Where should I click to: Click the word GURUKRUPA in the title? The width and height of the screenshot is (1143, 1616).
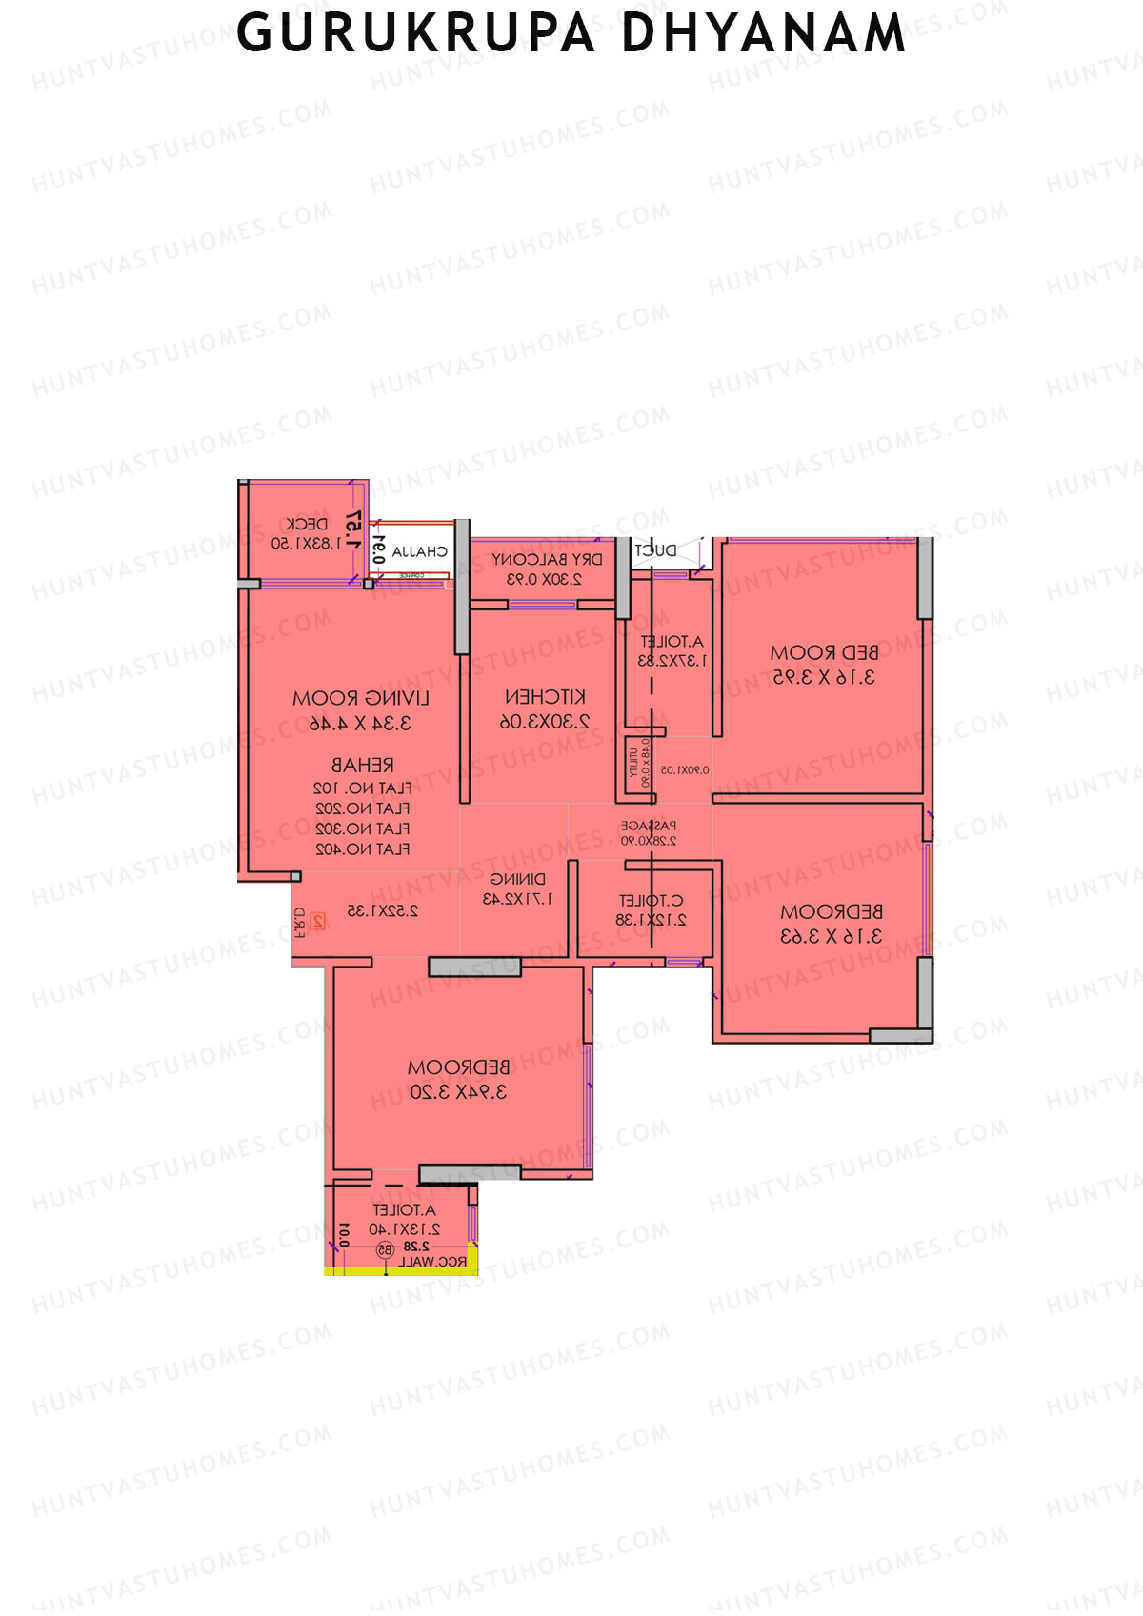point(415,34)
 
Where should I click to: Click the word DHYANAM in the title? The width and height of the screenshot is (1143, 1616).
point(763,34)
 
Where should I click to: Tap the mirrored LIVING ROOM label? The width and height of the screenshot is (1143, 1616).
point(361,699)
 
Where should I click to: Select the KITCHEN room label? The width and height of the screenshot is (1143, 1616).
point(545,697)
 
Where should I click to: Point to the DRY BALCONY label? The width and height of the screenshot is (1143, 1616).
point(547,560)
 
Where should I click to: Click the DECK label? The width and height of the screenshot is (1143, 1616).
point(307,524)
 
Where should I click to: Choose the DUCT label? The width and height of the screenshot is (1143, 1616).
point(655,550)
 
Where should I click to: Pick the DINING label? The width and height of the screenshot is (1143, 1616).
point(517,879)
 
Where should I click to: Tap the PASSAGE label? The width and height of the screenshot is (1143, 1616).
point(649,826)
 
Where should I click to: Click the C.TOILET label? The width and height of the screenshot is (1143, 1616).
point(651,900)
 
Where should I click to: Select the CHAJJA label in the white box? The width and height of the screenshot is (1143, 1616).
point(419,551)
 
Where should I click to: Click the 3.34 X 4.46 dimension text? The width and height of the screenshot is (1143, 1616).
point(361,724)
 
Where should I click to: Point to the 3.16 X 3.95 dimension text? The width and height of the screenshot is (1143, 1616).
point(824,678)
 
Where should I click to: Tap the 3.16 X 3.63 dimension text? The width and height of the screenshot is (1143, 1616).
point(831,937)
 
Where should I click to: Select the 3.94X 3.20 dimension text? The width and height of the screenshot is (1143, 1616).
point(458,1093)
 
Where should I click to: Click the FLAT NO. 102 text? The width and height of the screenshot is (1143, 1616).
point(363,788)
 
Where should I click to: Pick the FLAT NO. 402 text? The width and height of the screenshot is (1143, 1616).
point(363,848)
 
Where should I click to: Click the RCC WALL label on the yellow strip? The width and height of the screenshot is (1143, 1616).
point(432,1262)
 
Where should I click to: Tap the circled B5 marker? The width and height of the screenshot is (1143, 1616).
point(385,1248)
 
